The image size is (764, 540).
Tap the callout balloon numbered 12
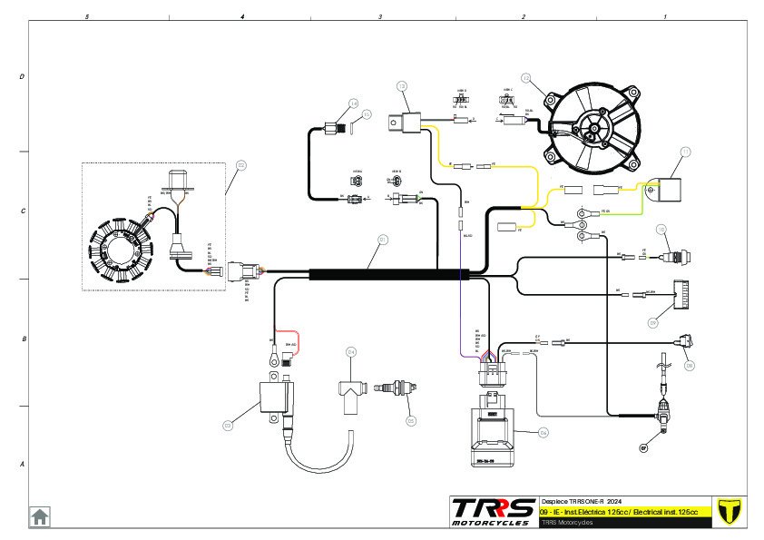click(x=526, y=78)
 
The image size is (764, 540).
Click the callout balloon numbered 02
click(x=241, y=165)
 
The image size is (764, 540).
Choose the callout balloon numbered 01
click(x=383, y=240)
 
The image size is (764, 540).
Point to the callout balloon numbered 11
click(x=686, y=152)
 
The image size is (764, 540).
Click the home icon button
click(x=40, y=516)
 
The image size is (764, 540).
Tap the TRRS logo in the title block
click(x=493, y=511)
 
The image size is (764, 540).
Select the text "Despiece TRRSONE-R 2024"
click(x=582, y=501)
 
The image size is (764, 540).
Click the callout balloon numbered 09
click(x=653, y=321)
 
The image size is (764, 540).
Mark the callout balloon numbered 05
click(x=411, y=420)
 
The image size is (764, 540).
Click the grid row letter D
click(x=22, y=77)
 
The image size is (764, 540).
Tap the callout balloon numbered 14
click(x=354, y=103)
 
